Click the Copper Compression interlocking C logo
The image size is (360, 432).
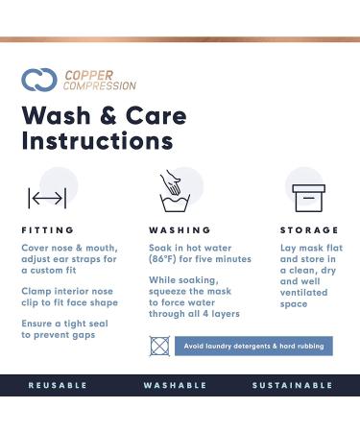pyautogui.click(x=39, y=80)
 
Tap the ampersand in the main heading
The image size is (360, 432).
pyautogui.click(x=108, y=116)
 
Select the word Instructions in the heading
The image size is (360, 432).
pyautogui.click(x=98, y=141)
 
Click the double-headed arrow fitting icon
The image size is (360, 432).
pyautogui.click(x=47, y=199)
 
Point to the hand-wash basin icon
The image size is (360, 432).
pyautogui.click(x=175, y=191)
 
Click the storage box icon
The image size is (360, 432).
pyautogui.click(x=309, y=198)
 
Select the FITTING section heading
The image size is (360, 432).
pyautogui.click(x=48, y=230)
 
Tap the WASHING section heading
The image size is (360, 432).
pyautogui.click(x=180, y=230)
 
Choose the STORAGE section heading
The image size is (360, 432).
pyautogui.click(x=309, y=230)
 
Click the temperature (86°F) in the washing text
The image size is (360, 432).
pyautogui.click(x=162, y=259)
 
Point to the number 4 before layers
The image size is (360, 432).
pyautogui.click(x=206, y=314)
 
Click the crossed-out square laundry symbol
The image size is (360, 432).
pyautogui.click(x=159, y=346)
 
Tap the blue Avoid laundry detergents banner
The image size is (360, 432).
pyautogui.click(x=253, y=346)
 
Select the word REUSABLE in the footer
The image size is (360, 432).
pyautogui.click(x=58, y=385)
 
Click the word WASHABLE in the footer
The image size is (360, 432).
pyautogui.click(x=175, y=385)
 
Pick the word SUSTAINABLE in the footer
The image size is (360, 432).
pyautogui.click(x=293, y=385)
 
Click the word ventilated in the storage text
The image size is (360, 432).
pyautogui.click(x=303, y=293)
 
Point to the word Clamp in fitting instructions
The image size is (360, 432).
pyautogui.click(x=36, y=292)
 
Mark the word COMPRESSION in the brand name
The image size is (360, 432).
pyautogui.click(x=100, y=85)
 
